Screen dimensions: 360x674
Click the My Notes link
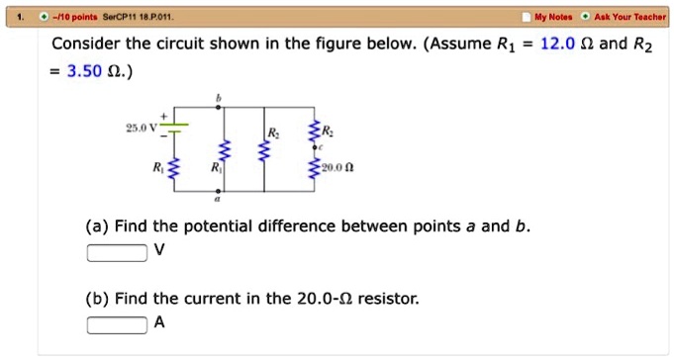pyautogui.click(x=554, y=17)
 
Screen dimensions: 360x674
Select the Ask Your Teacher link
pyautogui.click(x=630, y=17)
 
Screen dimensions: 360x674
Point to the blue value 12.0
pyautogui.click(x=560, y=44)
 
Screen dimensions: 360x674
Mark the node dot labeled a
pyautogui.click(x=224, y=191)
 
